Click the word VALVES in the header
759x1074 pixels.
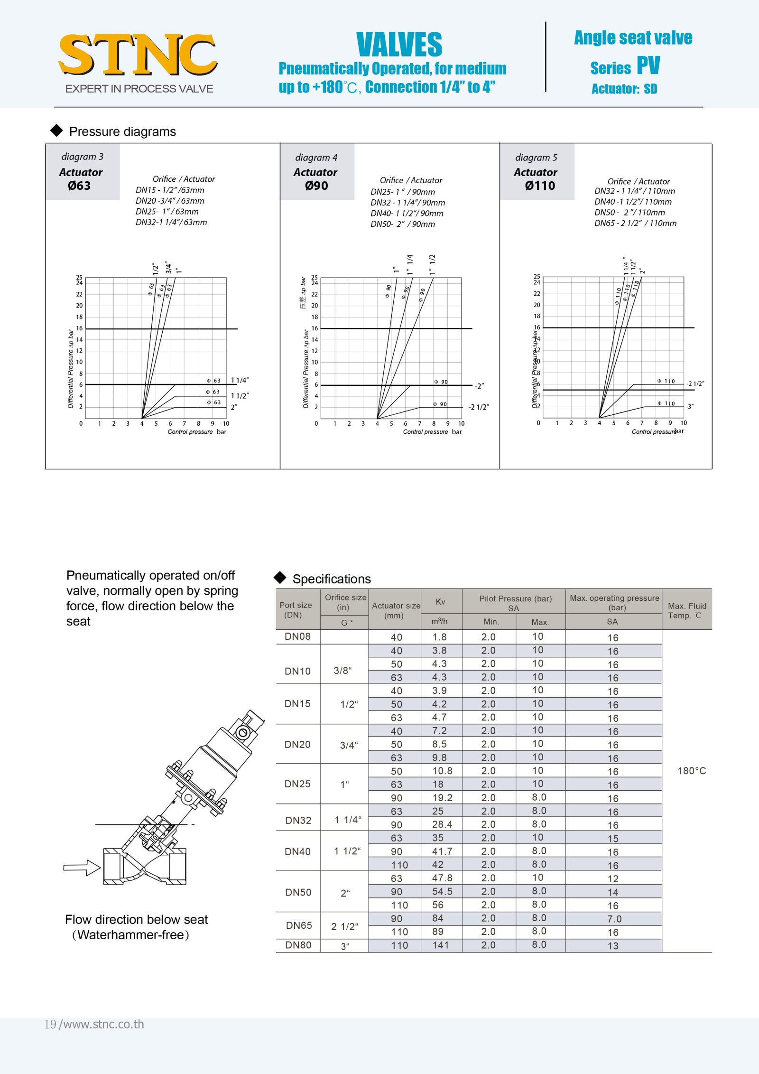point(399,45)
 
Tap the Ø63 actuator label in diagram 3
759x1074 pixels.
point(79,186)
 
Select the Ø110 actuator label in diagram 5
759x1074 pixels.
point(540,186)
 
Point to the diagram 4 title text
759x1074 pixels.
point(316,158)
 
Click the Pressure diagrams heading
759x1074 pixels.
point(122,131)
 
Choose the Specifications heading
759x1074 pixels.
point(331,579)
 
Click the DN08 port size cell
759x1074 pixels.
point(297,636)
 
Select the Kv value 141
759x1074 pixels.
point(441,945)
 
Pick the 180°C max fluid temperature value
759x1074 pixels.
point(692,771)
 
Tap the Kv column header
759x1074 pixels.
point(441,602)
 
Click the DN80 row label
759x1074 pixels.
point(298,945)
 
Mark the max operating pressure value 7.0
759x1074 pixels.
point(614,919)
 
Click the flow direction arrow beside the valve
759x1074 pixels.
point(82,868)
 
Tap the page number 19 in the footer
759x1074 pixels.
point(50,1024)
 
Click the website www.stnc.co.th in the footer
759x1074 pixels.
point(103,1024)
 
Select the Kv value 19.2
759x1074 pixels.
point(442,798)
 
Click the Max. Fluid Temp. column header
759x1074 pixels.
point(687,610)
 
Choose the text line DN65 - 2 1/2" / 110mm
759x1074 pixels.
point(635,223)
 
